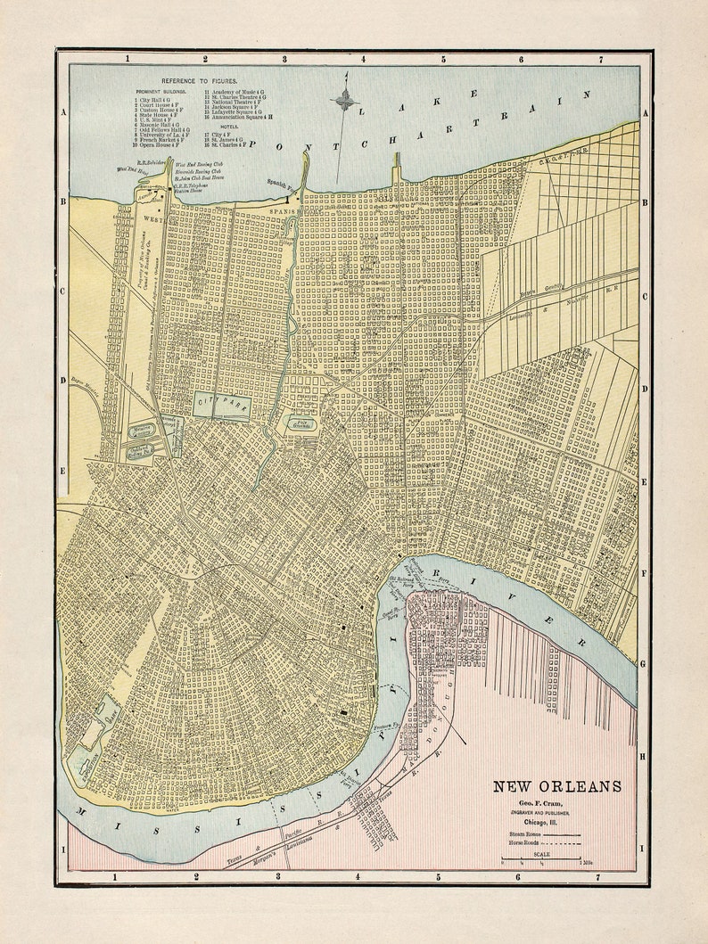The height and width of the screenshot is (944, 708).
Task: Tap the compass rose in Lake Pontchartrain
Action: [x=345, y=100]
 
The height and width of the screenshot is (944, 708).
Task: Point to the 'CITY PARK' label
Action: [x=222, y=404]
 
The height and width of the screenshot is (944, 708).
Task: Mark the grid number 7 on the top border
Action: [x=600, y=59]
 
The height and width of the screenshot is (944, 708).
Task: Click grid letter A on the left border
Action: [x=63, y=112]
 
